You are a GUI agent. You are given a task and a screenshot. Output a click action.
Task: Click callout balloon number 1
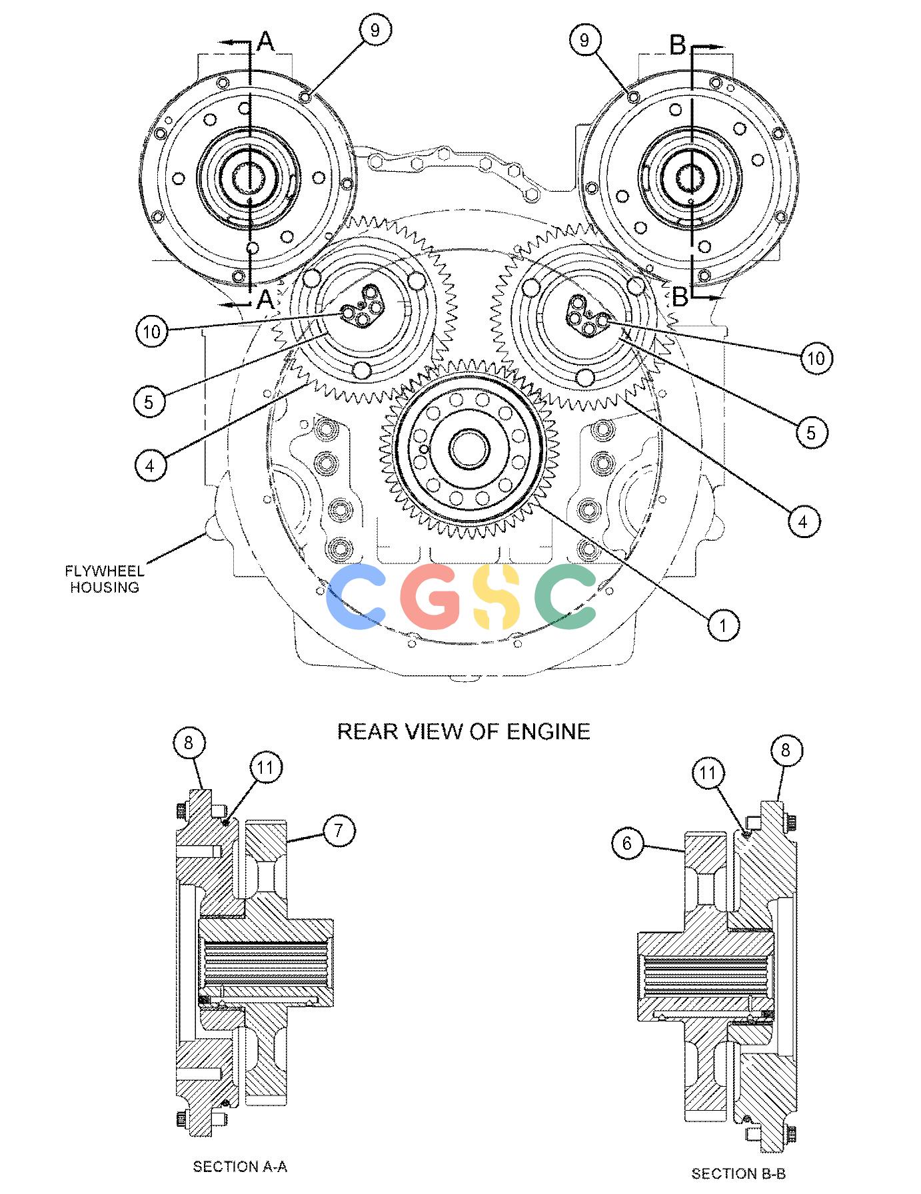[723, 625]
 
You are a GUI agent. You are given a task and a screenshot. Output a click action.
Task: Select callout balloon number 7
[339, 830]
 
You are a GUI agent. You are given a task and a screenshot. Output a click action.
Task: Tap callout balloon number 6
[627, 844]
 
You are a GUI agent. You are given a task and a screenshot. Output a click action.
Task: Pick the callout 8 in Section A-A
[189, 743]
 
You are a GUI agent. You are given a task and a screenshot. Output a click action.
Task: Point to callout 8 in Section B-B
[785, 750]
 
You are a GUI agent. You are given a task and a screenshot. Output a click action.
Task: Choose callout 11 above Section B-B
[708, 773]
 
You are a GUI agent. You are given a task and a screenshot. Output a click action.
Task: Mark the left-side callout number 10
[153, 331]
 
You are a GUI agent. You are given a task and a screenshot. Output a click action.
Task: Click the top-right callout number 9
[585, 39]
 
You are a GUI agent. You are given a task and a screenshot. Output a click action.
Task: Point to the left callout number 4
[150, 465]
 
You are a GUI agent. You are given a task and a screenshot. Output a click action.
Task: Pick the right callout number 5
[811, 432]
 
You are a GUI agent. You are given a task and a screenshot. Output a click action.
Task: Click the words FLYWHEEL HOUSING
[105, 579]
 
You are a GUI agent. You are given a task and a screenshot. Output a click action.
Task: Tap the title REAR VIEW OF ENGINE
[464, 731]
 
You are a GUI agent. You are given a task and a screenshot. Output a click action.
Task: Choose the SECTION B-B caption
[738, 1173]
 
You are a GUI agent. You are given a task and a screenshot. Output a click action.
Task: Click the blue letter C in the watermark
[354, 597]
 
